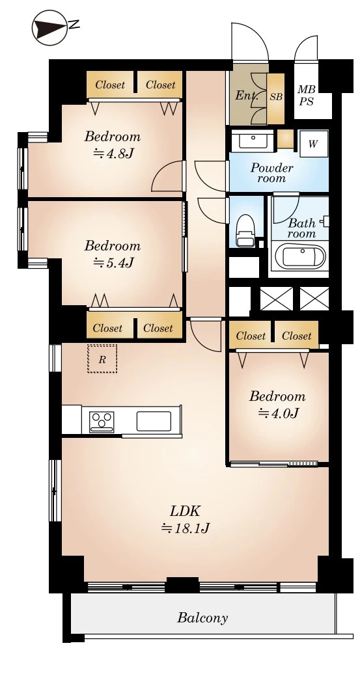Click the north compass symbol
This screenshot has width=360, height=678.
[49, 27]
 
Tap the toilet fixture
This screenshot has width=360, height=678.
[245, 230]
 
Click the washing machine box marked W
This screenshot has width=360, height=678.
[313, 144]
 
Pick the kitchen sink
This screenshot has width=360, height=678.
[154, 421]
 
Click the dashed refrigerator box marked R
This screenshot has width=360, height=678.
[102, 359]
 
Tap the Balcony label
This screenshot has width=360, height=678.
[202, 617]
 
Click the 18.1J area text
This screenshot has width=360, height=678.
[186, 528]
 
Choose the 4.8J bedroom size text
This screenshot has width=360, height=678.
[113, 153]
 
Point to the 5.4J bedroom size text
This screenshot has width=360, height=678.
[113, 262]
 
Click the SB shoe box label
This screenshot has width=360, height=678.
[276, 97]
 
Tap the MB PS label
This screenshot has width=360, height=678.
[307, 96]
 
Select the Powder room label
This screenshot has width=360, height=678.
[272, 172]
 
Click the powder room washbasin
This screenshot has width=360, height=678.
[252, 141]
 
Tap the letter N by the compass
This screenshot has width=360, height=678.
[74, 25]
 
